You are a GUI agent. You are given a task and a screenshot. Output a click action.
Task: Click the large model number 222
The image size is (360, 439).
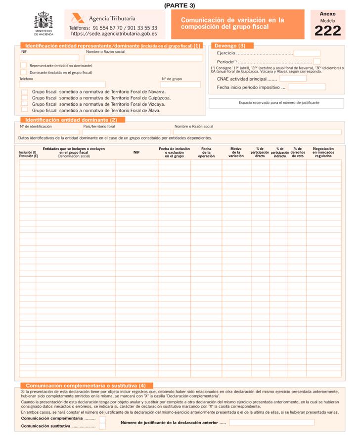(x=327, y=31)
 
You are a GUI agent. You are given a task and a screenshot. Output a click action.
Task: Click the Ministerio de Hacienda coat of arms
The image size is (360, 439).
(x=44, y=22)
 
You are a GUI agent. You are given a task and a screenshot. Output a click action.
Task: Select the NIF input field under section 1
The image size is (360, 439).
(x=49, y=58)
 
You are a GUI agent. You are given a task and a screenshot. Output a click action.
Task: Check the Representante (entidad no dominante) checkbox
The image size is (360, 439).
(x=23, y=65)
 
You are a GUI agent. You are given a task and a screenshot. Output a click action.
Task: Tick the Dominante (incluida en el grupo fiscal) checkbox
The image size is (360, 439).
(x=23, y=72)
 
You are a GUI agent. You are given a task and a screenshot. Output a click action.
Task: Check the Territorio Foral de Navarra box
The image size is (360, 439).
(x=25, y=91)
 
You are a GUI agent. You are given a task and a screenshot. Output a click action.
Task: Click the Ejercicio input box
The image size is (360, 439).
(x=307, y=53)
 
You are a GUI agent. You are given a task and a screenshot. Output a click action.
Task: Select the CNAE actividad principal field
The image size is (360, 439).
(x=293, y=79)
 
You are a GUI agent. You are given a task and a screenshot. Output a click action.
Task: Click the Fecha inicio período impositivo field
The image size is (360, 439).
(x=307, y=87)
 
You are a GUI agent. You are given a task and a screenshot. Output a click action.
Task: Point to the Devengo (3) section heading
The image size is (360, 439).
(x=230, y=45)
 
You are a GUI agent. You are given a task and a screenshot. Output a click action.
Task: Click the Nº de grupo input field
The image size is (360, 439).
(x=180, y=85)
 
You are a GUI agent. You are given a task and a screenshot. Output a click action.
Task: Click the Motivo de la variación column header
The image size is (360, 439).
(x=236, y=152)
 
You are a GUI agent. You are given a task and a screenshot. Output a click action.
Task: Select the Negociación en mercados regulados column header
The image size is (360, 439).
(x=323, y=152)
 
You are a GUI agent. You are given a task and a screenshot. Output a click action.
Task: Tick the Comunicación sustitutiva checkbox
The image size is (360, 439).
(x=102, y=426)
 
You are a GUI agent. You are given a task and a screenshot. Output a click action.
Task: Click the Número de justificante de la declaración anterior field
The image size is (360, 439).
(x=271, y=423)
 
